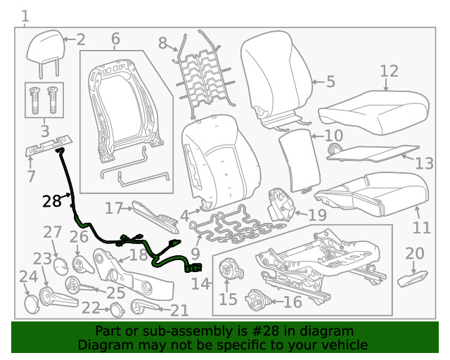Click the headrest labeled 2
[x=44, y=47]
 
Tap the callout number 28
[x=52, y=202]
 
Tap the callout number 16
[x=292, y=302]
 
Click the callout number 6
[x=115, y=38]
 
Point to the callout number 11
[x=421, y=228]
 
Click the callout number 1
[x=25, y=15]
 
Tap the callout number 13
[x=424, y=164]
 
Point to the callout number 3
[x=44, y=131]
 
